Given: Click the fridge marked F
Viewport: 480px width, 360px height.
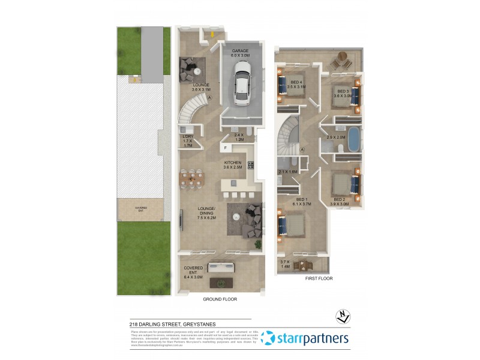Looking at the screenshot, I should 226,148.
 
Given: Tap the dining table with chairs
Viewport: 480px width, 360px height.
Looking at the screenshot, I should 193,178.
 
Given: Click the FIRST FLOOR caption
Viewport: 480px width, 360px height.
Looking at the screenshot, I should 319,278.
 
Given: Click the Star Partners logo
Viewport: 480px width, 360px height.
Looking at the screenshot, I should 305,338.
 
